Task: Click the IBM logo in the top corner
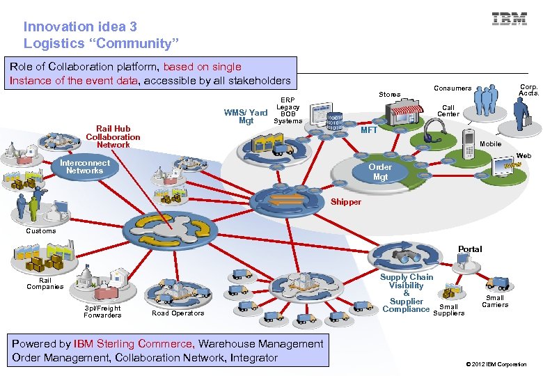point(510,19)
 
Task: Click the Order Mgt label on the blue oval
point(380,172)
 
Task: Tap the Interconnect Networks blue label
point(84,166)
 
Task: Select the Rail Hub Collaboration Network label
point(113,136)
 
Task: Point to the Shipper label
point(346,202)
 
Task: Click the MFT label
point(369,130)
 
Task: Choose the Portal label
point(469,249)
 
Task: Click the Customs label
point(40,230)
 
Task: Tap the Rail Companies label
point(45,283)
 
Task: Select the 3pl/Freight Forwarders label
point(102,311)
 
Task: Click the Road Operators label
point(178,313)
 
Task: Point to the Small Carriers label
point(495,301)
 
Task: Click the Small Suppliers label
point(449,310)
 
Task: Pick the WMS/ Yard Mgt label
point(246,116)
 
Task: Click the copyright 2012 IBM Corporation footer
point(495,364)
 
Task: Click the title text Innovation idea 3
point(80,26)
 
